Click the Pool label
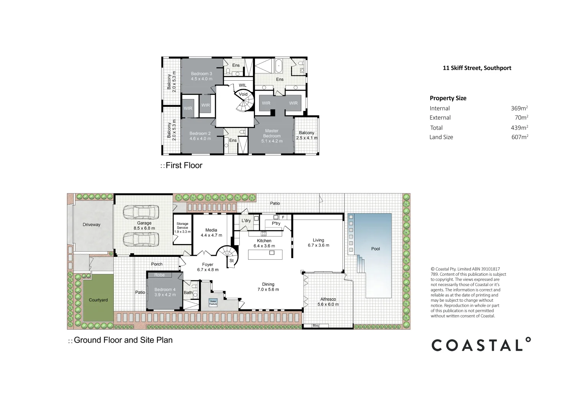(x=375, y=249)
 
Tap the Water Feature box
(x=213, y=302)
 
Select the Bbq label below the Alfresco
(x=315, y=326)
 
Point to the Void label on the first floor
(x=243, y=94)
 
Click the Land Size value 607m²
(x=520, y=137)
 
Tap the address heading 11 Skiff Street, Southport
(x=477, y=68)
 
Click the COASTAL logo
(x=481, y=345)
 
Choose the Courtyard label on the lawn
(x=98, y=300)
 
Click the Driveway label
(x=92, y=224)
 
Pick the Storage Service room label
(x=182, y=226)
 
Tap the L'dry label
(x=246, y=221)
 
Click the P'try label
(x=276, y=223)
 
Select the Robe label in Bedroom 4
(x=159, y=275)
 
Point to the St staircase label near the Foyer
(x=231, y=261)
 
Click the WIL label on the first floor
(x=243, y=85)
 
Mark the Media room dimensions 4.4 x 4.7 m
(x=211, y=235)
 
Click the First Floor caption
(x=184, y=166)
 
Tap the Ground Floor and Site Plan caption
(x=123, y=340)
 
